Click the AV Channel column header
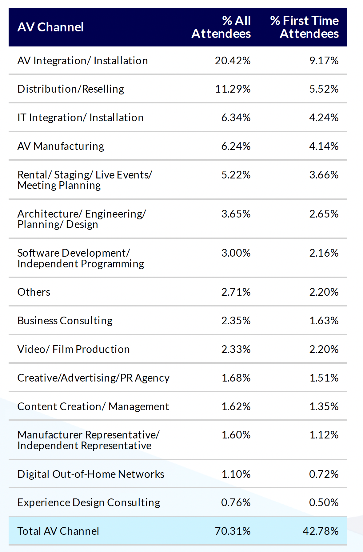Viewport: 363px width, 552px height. coord(51,27)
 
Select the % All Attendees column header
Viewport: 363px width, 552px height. coord(221,27)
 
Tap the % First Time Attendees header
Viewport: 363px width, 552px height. coord(305,27)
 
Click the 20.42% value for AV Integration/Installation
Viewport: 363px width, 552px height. coord(233,61)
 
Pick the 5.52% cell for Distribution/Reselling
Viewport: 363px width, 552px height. coord(324,89)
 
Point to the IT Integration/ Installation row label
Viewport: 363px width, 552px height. coord(81,118)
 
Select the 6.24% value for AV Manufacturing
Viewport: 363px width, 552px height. coord(236,146)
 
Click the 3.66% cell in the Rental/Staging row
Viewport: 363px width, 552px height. coord(324,175)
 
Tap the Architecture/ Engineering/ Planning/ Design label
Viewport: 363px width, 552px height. coord(82,219)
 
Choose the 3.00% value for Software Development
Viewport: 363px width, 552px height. coord(236,253)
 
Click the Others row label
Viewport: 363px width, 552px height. coord(34,292)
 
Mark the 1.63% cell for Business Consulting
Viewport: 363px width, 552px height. coord(324,321)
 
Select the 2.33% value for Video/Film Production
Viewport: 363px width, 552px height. coord(236,349)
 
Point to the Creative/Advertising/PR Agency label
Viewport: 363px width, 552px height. coord(93,378)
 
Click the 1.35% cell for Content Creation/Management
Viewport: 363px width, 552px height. coord(324,406)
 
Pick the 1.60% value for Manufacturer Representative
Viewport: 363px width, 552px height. coord(236,435)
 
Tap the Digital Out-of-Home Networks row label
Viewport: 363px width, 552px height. coord(91,474)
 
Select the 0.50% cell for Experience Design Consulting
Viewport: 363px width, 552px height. coord(324,502)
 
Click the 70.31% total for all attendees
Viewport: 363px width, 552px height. coord(233,531)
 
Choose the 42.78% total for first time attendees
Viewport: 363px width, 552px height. coord(321,531)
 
